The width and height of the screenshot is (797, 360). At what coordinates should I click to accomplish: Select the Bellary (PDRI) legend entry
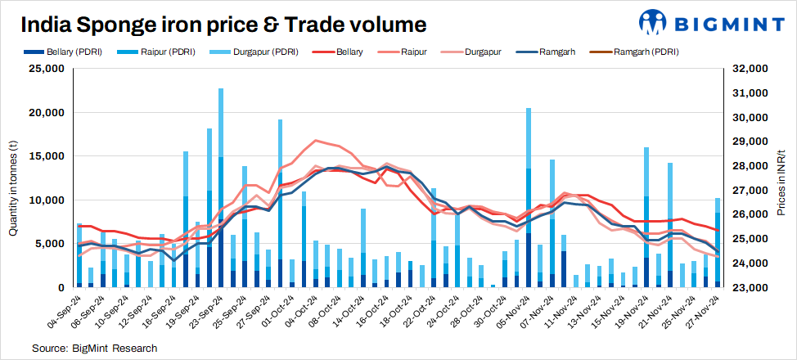point(66,52)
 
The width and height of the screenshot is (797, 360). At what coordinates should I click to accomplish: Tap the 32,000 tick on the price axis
point(750,69)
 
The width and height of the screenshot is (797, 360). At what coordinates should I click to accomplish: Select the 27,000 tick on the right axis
point(750,191)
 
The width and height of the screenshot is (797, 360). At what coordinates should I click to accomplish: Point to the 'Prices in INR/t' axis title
point(781,178)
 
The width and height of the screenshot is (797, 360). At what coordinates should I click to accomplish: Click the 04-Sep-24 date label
point(65,313)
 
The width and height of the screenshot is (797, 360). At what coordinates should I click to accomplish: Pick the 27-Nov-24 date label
point(705,313)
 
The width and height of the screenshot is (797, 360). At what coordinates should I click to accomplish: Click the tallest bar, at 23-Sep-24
point(221,188)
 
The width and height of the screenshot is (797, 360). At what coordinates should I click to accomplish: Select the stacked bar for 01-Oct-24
point(281,204)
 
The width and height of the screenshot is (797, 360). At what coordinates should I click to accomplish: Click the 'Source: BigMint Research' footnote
point(94,349)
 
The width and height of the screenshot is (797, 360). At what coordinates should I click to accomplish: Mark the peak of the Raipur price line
point(317,141)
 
